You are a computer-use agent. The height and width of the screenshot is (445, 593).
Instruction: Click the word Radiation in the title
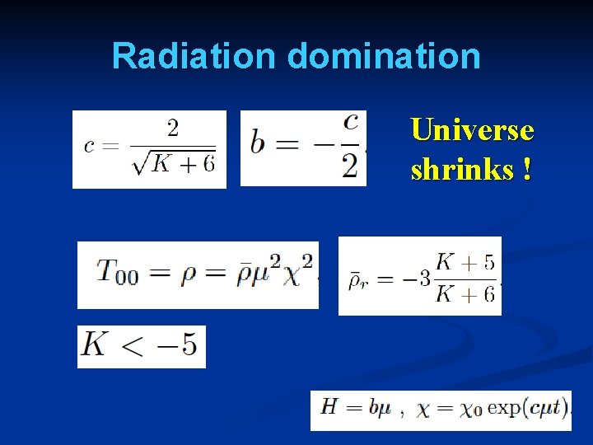click(x=195, y=56)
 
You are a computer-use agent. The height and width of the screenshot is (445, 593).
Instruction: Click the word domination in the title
click(x=384, y=56)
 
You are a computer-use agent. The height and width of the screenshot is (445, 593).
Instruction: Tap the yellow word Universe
click(x=472, y=130)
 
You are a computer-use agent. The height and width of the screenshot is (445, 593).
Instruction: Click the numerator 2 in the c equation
click(x=173, y=128)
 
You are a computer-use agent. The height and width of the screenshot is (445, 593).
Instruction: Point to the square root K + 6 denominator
click(x=176, y=163)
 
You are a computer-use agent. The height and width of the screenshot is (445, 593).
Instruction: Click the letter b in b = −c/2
click(x=259, y=143)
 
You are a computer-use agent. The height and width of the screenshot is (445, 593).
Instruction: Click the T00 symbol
click(x=117, y=271)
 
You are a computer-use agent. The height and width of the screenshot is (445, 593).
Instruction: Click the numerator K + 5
click(x=465, y=262)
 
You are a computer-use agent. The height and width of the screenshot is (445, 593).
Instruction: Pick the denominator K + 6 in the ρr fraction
click(x=465, y=293)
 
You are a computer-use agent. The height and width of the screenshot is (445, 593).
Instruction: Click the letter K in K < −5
click(x=96, y=345)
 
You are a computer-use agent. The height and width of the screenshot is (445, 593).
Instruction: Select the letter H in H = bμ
click(x=329, y=407)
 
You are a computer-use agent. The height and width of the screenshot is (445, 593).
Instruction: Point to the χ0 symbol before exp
click(x=471, y=409)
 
